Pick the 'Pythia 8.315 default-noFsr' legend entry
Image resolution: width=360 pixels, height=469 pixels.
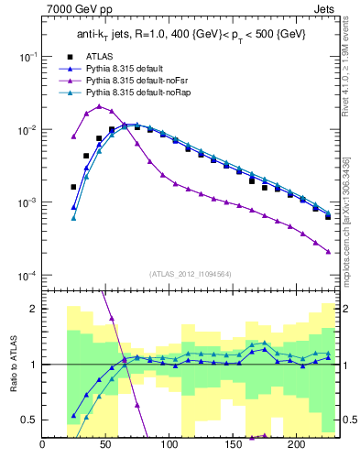pyautogui.click(x=137, y=82)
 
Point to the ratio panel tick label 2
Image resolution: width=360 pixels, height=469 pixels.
pyautogui.click(x=33, y=310)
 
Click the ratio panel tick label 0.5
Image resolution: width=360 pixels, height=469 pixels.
pyautogui.click(x=29, y=420)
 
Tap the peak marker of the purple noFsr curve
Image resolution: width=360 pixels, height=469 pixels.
pyautogui.click(x=99, y=106)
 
